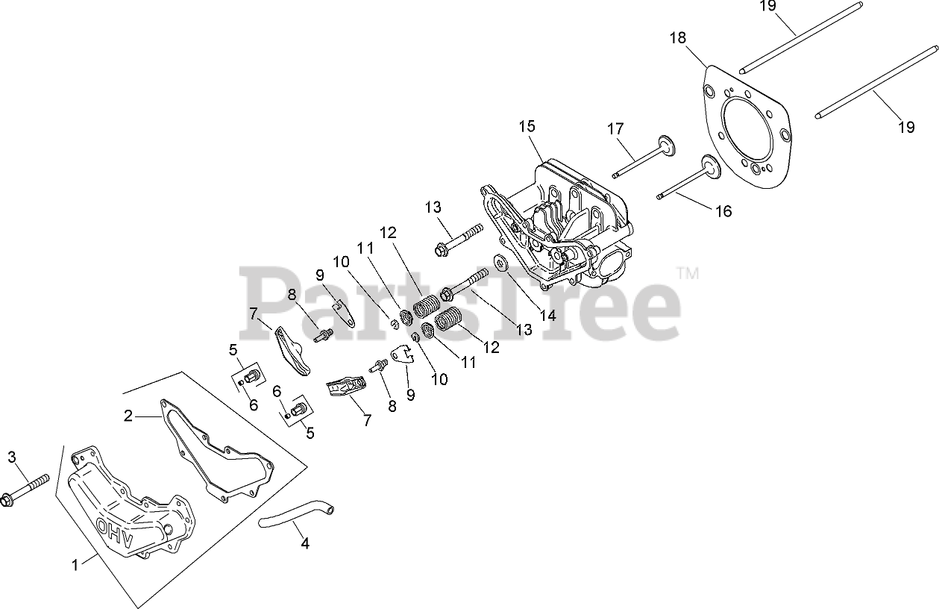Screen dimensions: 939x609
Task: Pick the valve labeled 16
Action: [x=686, y=182]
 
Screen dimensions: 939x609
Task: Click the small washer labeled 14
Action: [x=499, y=262]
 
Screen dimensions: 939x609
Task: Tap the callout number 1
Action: [x=75, y=566]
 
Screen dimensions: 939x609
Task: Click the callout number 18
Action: [x=677, y=38]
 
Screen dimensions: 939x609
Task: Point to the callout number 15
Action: [x=527, y=126]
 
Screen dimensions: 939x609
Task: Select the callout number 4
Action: [x=304, y=544]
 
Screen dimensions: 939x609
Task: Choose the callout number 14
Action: [x=548, y=316]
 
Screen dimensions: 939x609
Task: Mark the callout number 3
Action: [x=11, y=457]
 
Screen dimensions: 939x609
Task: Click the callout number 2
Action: [x=128, y=416]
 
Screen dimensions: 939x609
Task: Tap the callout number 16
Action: [x=723, y=211]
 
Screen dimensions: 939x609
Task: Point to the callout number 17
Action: [x=615, y=129]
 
